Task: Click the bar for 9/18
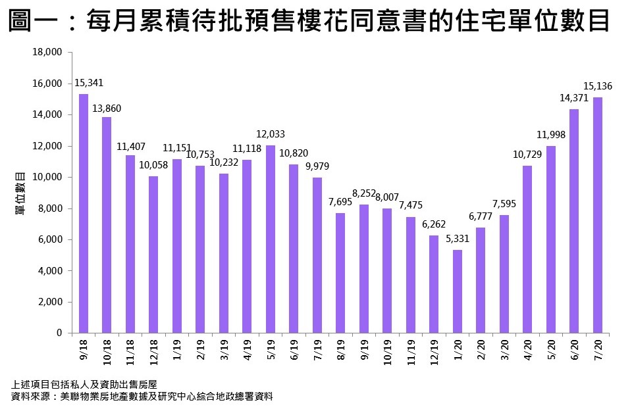point(84,214)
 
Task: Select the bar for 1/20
point(458,291)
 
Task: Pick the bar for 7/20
point(598,215)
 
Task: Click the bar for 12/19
point(434,284)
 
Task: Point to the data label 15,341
point(89,83)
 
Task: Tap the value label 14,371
point(574,98)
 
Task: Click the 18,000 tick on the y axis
point(47,53)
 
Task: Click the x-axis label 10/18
point(107,353)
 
